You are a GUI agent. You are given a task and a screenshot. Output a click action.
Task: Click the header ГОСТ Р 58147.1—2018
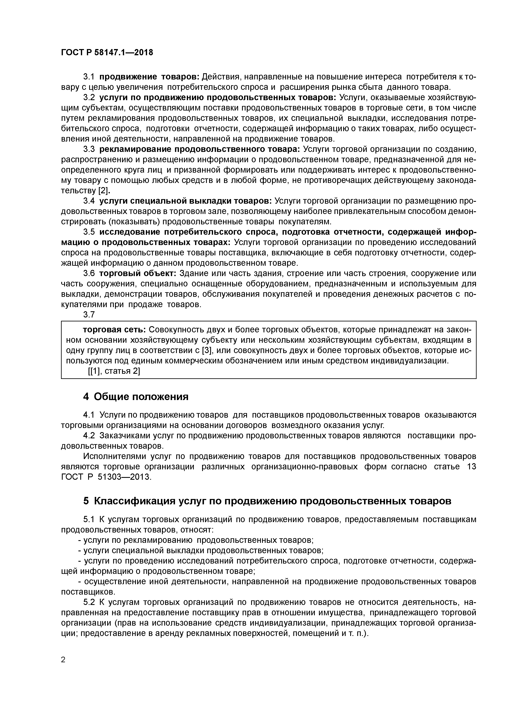107,53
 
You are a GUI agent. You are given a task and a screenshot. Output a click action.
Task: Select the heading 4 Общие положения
136,397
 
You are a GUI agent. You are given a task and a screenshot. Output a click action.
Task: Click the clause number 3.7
89,315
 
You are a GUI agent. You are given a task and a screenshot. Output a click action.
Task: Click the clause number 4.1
89,415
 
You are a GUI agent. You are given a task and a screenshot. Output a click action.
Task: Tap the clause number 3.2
89,97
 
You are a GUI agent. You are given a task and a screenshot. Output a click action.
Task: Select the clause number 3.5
89,232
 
